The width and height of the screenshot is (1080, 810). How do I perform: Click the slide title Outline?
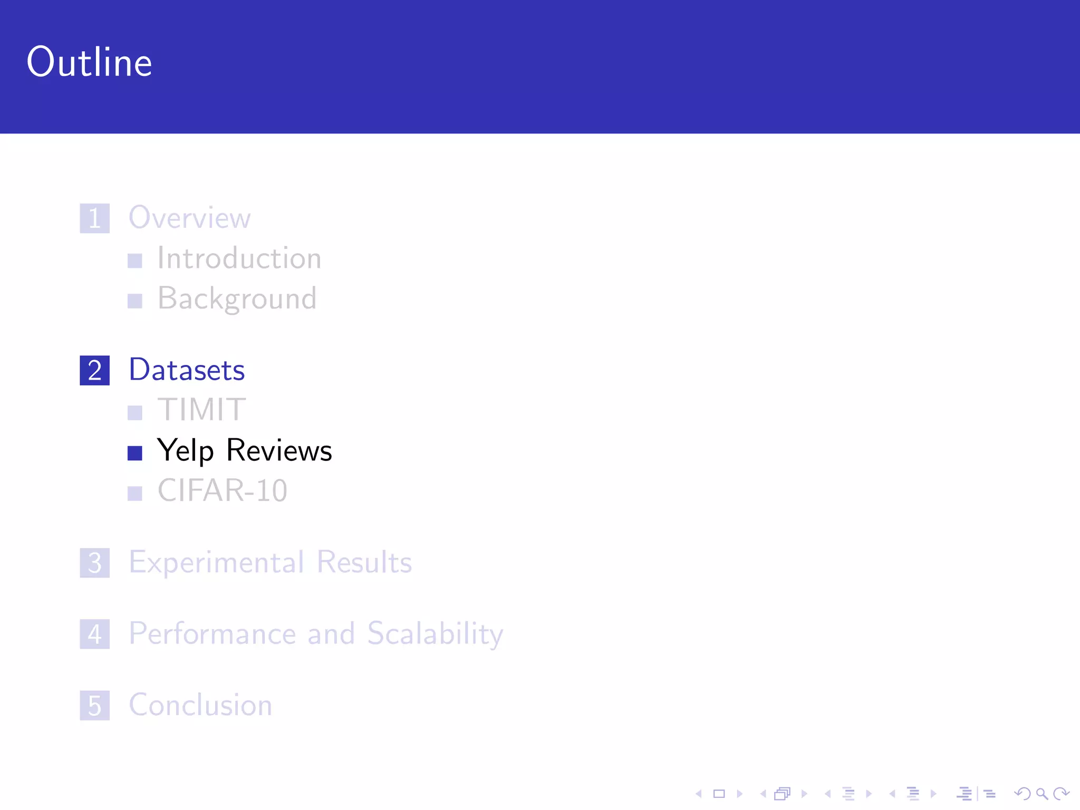pos(89,62)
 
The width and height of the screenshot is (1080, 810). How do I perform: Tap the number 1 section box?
pos(95,218)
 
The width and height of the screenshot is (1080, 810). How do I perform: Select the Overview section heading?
pos(189,217)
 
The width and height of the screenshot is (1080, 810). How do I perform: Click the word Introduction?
pos(239,258)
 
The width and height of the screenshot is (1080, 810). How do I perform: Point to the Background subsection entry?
pos(237,299)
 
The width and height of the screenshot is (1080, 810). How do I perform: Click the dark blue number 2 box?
pos(95,370)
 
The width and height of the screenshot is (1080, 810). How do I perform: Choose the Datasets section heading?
pos(187,370)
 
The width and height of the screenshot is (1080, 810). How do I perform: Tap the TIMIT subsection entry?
pos(201,410)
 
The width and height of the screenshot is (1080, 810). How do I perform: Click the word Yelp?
pos(185,451)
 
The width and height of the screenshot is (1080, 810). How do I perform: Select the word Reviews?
pos(279,450)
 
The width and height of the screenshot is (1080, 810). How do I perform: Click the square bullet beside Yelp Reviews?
pos(135,453)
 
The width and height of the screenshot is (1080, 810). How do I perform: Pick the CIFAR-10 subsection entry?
pos(222,490)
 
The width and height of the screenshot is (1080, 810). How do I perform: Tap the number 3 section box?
pos(95,563)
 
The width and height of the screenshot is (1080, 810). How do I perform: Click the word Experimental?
pos(217,562)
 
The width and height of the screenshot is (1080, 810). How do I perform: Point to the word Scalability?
pos(435,634)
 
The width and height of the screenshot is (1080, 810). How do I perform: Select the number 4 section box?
pos(95,634)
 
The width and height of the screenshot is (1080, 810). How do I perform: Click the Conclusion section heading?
pos(200,705)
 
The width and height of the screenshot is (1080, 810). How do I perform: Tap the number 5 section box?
pos(95,706)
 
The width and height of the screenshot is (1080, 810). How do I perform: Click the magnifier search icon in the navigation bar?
pos(1042,794)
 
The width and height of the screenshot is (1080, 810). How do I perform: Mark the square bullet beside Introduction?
pos(135,261)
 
